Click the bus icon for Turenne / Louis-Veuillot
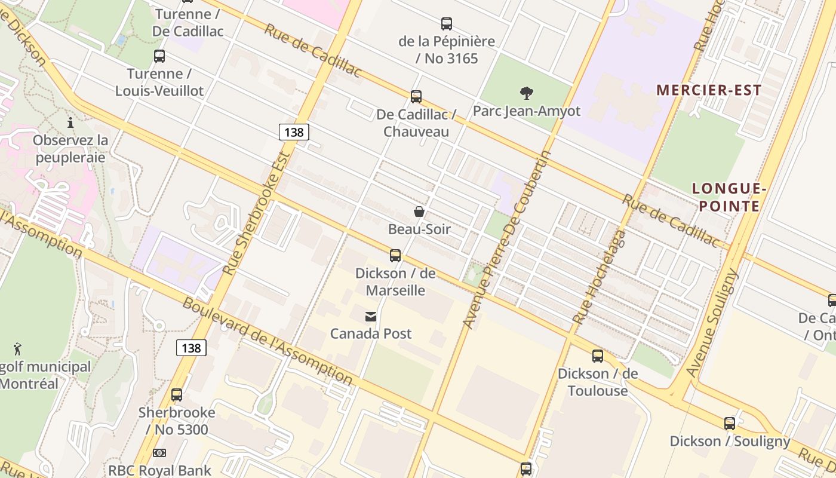159,56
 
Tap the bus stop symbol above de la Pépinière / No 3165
446,24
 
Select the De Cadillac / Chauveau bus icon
416,96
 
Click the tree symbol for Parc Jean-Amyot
526,93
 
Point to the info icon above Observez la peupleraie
70,122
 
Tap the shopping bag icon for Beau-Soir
419,212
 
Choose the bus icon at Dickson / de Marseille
395,256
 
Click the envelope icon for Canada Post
371,316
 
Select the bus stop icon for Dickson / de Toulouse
598,356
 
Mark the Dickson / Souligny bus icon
730,424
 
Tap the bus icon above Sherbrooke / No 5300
177,395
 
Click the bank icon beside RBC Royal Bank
159,453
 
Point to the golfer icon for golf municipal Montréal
17,349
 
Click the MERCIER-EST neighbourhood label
709,90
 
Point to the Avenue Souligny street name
712,323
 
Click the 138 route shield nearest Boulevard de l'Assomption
191,348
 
